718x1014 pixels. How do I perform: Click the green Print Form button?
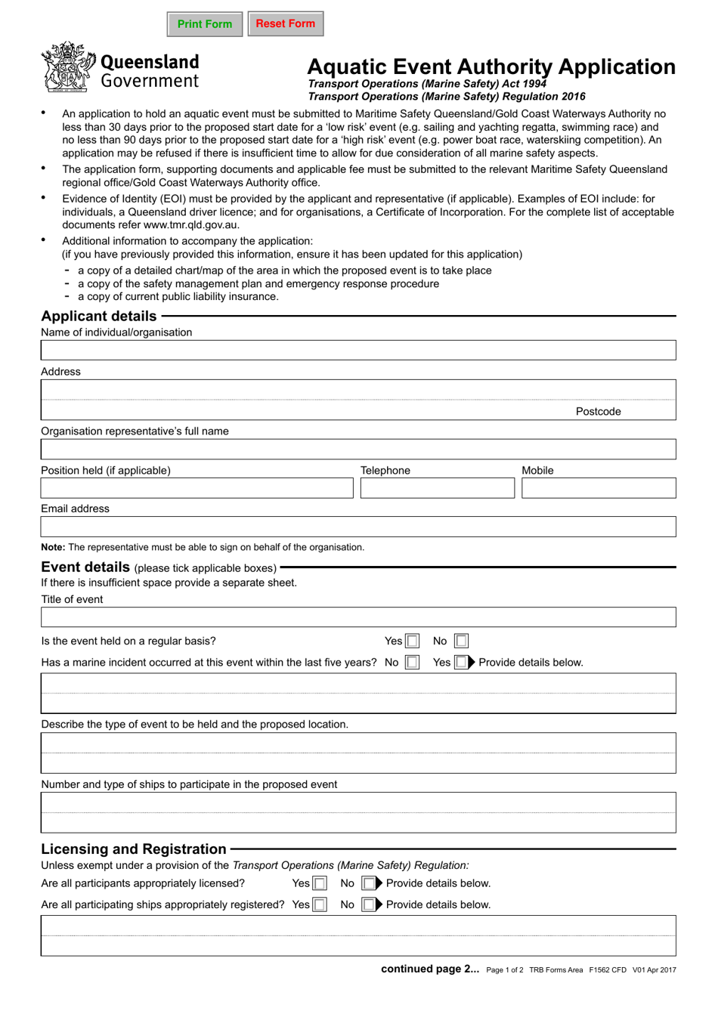click(205, 24)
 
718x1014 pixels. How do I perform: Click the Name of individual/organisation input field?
click(358, 351)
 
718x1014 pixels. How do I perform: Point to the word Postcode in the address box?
click(598, 412)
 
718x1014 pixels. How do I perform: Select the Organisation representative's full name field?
click(358, 450)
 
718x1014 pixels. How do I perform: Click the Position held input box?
click(197, 489)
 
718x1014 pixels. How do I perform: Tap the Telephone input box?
click(437, 489)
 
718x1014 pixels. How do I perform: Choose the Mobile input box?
click(598, 489)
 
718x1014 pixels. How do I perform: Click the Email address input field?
click(358, 527)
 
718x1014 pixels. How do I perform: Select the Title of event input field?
click(358, 617)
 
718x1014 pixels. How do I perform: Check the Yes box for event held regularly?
click(412, 641)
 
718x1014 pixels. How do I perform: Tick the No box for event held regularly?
click(461, 641)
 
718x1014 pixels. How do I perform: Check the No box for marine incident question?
click(412, 663)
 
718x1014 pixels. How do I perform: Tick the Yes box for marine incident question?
click(461, 663)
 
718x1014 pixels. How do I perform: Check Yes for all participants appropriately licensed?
click(320, 884)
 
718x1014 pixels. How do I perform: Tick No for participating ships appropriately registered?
click(368, 905)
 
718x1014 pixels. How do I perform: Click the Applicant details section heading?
click(99, 317)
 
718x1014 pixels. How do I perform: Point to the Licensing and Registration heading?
click(134, 849)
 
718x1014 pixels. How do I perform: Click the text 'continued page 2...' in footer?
click(429, 969)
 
